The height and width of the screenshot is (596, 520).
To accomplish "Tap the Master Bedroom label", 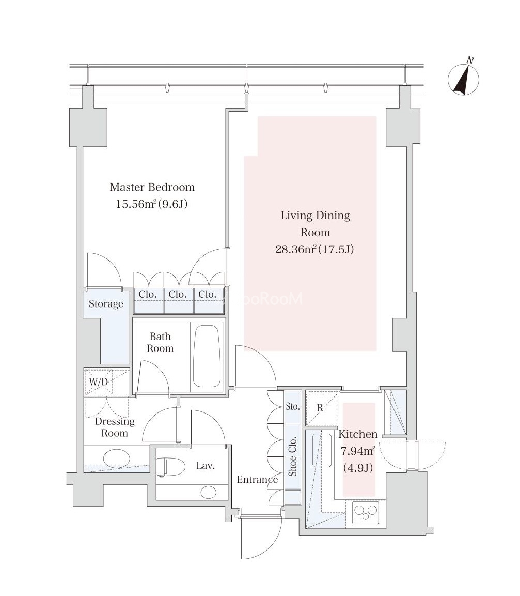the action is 152,187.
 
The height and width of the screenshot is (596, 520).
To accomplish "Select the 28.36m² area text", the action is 296,249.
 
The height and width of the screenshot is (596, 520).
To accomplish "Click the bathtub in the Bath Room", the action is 206,356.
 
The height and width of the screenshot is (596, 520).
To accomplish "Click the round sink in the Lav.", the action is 209,492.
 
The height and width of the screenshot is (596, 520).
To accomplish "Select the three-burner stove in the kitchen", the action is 366,512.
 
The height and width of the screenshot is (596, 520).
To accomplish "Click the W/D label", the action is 99,382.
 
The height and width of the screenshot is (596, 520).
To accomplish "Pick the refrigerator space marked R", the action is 321,408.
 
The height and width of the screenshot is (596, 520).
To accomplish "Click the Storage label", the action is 106,304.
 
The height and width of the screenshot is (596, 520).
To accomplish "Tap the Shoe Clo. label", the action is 292,456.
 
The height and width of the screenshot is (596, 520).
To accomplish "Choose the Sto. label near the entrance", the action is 292,406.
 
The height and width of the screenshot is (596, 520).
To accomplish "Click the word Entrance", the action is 257,480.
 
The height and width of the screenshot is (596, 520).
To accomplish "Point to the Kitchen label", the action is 358,434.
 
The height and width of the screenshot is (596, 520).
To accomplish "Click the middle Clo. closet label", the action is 178,294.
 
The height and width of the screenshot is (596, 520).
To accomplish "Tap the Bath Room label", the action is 160,342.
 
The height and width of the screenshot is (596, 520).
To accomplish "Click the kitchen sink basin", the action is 322,450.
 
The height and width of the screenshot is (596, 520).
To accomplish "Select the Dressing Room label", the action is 115,427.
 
